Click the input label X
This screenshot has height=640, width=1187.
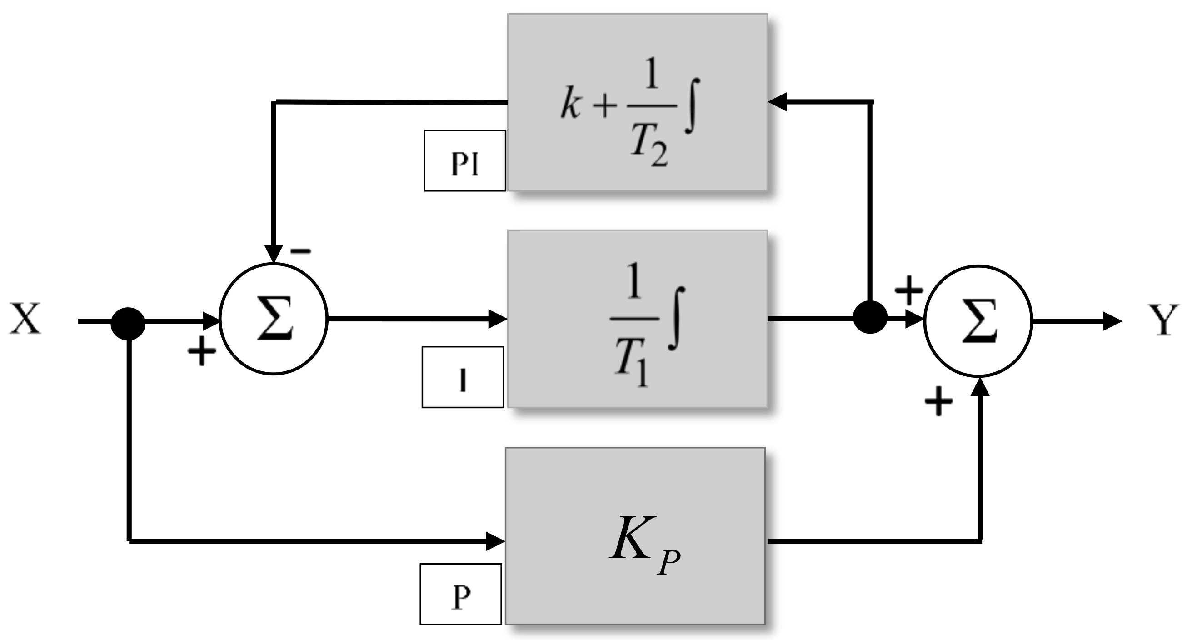pyautogui.click(x=25, y=318)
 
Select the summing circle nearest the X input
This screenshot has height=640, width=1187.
pyautogui.click(x=274, y=319)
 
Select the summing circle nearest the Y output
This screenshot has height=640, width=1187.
pyautogui.click(x=978, y=321)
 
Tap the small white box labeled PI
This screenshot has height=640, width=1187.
pyautogui.click(x=464, y=161)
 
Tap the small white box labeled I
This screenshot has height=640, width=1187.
pyautogui.click(x=463, y=377)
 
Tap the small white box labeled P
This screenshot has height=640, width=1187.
pyautogui.click(x=461, y=594)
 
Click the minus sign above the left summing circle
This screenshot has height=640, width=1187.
pyautogui.click(x=301, y=251)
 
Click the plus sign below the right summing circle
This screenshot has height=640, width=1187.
pyautogui.click(x=938, y=402)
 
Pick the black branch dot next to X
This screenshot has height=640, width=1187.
pyautogui.click(x=128, y=324)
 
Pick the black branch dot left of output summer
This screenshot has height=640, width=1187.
pyautogui.click(x=870, y=317)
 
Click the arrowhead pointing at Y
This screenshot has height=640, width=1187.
pyautogui.click(x=1112, y=321)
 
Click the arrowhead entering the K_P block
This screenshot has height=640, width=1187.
pyautogui.click(x=496, y=541)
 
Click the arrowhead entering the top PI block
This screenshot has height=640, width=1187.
pyautogui.click(x=778, y=102)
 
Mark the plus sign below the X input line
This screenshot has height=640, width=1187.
pyautogui.click(x=202, y=351)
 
